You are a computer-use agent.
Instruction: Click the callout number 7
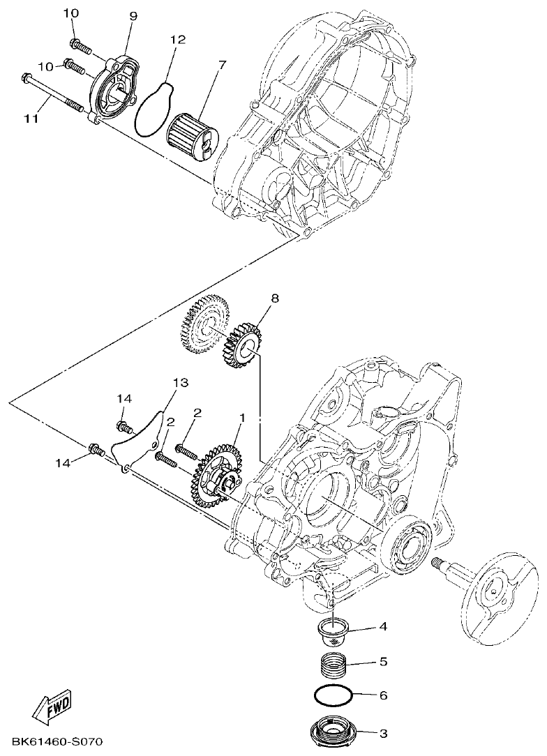(222, 65)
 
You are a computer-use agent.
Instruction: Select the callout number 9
(133, 15)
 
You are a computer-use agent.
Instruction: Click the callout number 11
(30, 119)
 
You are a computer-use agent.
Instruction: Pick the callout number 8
(274, 298)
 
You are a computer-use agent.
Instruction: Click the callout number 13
(181, 383)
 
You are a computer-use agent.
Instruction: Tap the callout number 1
(241, 418)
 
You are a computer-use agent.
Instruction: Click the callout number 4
(382, 626)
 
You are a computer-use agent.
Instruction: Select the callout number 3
(382, 733)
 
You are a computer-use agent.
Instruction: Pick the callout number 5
(382, 660)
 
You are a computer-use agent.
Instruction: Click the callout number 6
(382, 695)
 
